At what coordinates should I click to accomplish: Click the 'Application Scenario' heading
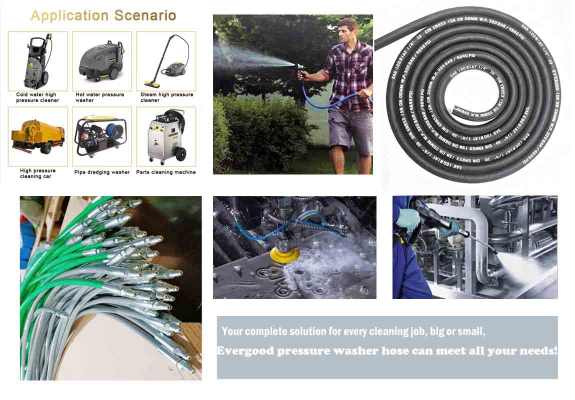103,15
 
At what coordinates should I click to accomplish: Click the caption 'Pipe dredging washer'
102,172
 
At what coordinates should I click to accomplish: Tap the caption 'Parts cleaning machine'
166,172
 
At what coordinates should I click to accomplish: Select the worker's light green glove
407,220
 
